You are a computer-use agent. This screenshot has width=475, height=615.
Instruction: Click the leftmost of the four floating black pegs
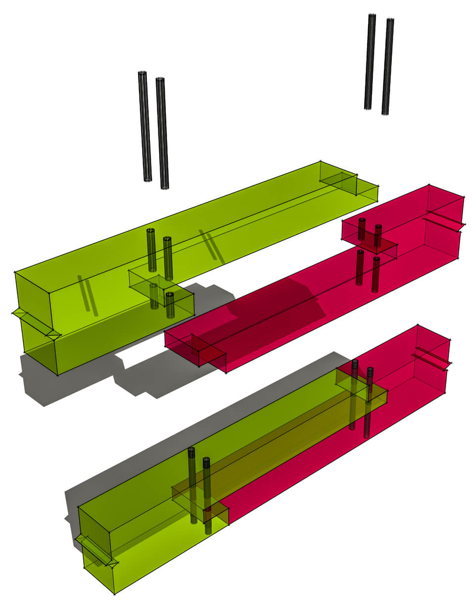point(144,126)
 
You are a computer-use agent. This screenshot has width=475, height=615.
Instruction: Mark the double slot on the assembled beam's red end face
point(430,358)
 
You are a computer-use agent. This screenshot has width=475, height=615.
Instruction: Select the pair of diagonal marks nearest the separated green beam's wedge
point(87,296)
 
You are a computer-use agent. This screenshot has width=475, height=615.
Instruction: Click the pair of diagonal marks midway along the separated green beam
point(212,246)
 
